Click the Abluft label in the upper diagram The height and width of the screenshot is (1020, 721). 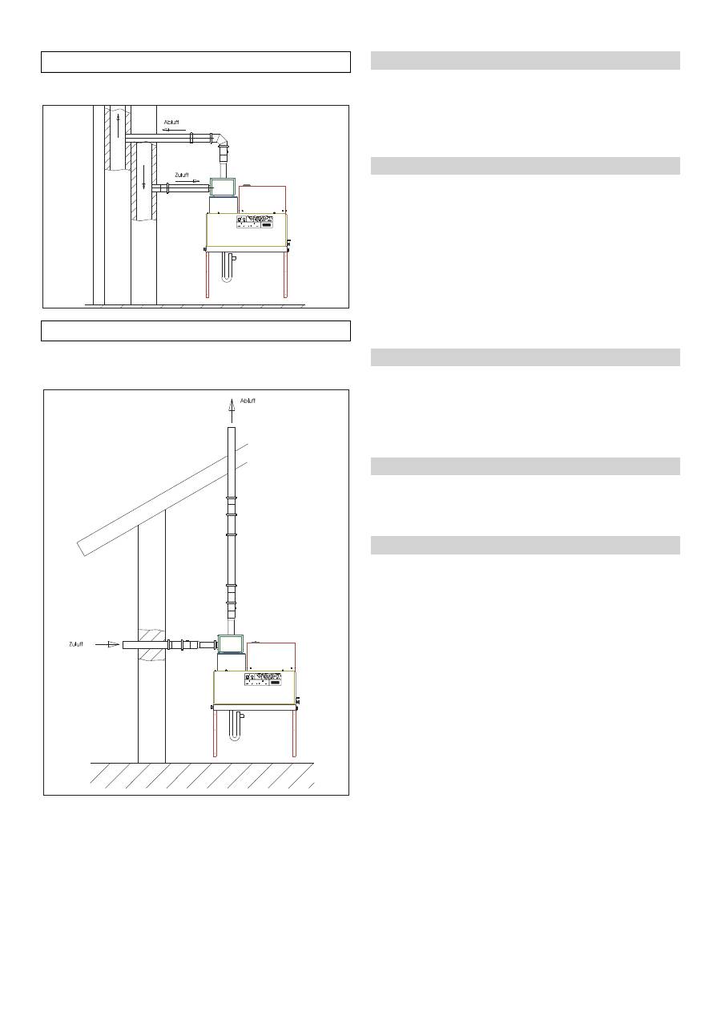pos(171,123)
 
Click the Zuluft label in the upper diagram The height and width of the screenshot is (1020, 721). pos(182,174)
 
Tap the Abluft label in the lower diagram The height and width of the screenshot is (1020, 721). pos(248,400)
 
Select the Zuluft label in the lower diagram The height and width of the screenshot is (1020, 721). pos(75,643)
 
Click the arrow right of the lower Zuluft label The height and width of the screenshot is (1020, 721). pos(108,643)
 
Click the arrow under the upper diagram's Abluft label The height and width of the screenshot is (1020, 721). pos(171,129)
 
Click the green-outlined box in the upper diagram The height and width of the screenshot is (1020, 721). pos(222,187)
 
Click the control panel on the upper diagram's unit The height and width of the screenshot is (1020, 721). pos(260,222)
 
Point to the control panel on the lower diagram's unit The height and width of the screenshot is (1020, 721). pos(264,679)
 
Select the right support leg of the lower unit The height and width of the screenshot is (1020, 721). pos(294,732)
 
